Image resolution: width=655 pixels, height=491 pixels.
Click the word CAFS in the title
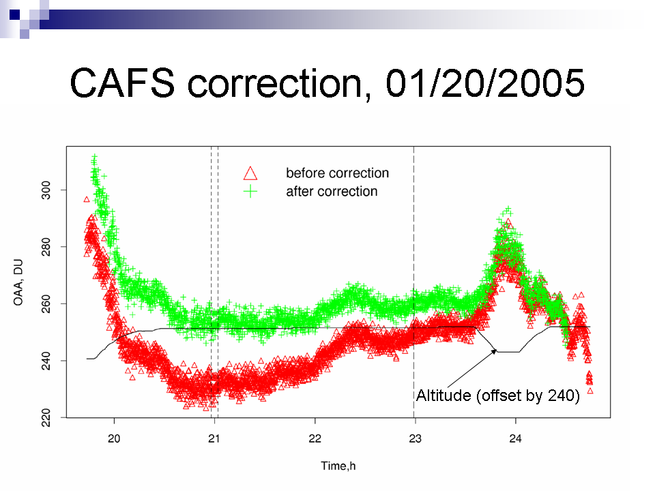122,83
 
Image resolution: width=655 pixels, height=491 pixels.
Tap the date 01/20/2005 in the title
484,83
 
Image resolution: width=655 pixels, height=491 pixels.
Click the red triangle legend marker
250,173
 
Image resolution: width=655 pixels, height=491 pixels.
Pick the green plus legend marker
250,192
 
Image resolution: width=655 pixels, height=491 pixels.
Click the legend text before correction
337,173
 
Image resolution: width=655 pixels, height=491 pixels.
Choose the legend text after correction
332,191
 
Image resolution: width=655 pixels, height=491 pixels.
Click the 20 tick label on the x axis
114,438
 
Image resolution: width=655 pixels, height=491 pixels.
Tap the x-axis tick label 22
315,438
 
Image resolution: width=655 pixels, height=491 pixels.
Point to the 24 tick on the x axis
516,438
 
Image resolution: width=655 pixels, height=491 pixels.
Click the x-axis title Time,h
338,466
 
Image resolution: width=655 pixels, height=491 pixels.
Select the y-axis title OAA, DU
18,282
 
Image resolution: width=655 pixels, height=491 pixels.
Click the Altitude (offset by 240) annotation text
498,396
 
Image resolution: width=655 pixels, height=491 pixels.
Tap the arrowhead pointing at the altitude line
494,352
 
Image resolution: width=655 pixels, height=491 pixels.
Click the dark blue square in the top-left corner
14,14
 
